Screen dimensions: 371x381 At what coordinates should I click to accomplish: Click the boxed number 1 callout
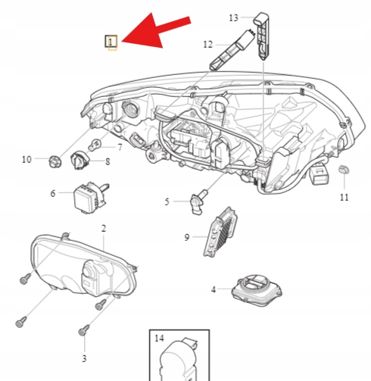[111, 42]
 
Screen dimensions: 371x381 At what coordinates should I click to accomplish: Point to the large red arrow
[154, 31]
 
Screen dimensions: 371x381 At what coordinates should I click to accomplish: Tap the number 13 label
[233, 18]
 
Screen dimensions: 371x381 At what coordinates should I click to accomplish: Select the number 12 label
[208, 45]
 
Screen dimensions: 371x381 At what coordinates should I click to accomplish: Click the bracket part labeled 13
[263, 36]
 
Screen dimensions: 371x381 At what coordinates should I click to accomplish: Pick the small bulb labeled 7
[95, 145]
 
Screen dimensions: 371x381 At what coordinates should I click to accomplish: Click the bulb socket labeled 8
[80, 160]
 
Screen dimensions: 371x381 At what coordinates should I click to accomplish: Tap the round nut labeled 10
[55, 161]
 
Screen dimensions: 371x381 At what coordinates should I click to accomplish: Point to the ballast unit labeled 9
[220, 233]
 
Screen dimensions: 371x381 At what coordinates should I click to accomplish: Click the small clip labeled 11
[344, 170]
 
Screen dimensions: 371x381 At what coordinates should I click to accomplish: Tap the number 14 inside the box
[159, 339]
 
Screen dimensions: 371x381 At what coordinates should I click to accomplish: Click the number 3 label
[84, 358]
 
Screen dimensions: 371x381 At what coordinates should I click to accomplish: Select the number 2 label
[104, 229]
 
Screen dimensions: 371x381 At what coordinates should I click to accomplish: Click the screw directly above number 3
[84, 330]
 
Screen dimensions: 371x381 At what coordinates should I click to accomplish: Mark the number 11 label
[344, 197]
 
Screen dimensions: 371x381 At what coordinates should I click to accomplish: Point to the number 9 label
[187, 238]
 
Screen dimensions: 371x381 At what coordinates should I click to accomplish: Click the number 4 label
[214, 289]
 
